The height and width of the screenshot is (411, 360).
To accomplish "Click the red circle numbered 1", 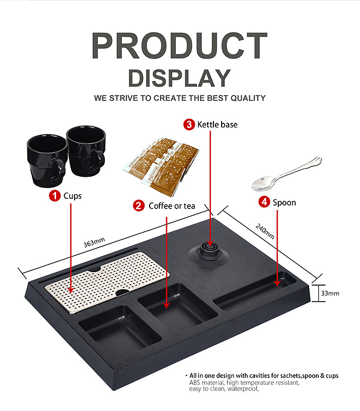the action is [x=55, y=196].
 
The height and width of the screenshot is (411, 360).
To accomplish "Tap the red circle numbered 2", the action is [x=139, y=206].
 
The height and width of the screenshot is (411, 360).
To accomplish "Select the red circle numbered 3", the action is [x=189, y=124].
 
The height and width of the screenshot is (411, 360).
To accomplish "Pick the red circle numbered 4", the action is [x=264, y=202].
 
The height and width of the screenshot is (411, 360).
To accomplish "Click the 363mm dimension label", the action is [x=94, y=242].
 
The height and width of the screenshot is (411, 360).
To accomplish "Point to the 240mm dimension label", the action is [x=265, y=232].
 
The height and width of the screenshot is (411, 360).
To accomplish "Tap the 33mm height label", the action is [x=330, y=293].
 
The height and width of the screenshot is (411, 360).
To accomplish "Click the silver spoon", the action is [x=286, y=174].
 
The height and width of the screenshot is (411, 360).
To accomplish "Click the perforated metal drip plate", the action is [x=107, y=282].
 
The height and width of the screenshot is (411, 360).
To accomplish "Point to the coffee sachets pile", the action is [x=161, y=166].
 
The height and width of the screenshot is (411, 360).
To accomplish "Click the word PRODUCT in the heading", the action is [x=179, y=46].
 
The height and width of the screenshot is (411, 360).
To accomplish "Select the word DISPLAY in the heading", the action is [x=179, y=78].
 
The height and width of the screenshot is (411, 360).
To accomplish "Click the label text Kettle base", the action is [x=217, y=124].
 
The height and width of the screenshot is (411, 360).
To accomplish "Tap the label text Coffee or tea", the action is [x=172, y=206].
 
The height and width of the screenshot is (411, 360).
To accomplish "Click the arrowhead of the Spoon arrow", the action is [x=277, y=284].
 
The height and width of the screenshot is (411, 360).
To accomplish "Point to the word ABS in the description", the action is [x=195, y=383].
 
